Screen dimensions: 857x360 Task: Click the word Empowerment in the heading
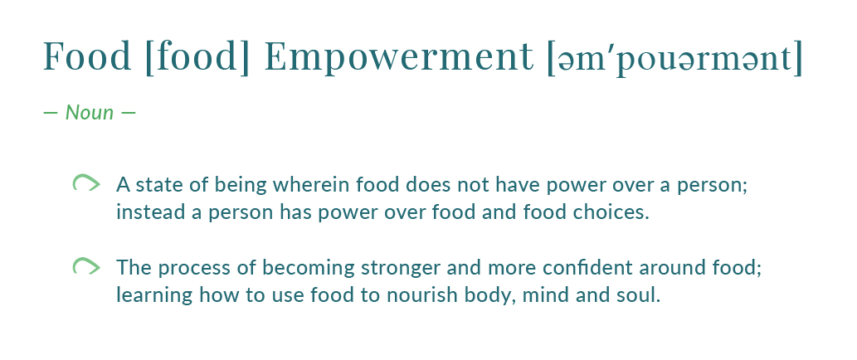pos(398,57)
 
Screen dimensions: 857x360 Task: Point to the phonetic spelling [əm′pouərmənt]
pos(675,58)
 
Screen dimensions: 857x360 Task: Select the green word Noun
pos(90,113)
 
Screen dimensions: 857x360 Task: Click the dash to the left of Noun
pos(51,113)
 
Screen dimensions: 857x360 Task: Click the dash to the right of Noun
pos(128,113)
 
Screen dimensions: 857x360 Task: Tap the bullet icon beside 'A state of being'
pos(86,182)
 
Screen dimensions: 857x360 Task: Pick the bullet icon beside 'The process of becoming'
pos(86,265)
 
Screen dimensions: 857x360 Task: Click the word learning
pos(154,296)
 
